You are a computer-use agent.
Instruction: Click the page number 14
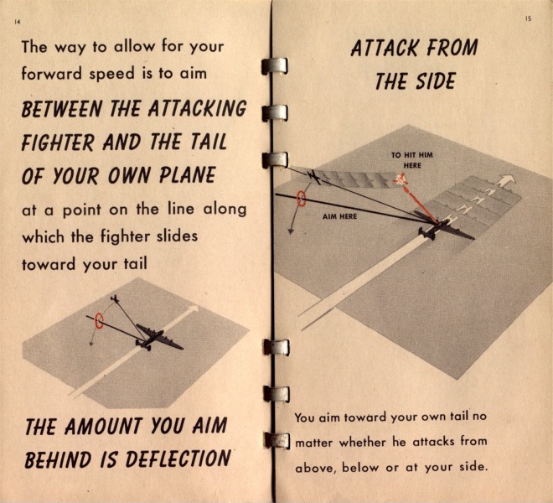17,22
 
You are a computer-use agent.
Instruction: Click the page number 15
528,19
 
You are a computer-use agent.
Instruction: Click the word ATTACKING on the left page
197,108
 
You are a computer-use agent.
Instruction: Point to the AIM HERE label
339,216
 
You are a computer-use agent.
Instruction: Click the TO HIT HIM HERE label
412,160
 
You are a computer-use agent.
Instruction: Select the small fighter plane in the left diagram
115,299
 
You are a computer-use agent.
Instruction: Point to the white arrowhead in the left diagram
193,309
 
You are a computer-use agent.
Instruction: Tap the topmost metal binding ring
274,66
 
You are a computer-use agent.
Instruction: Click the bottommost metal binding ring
276,441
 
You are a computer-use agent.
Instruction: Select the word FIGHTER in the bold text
58,142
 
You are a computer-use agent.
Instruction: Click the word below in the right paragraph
360,467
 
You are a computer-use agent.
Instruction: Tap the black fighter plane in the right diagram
314,177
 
